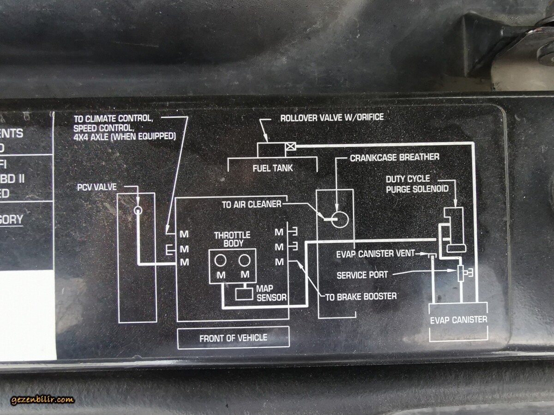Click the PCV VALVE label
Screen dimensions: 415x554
coord(97,187)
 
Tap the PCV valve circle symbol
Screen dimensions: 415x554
coord(138,210)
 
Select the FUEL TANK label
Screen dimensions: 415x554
coord(272,168)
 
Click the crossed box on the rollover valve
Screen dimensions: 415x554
coord(291,147)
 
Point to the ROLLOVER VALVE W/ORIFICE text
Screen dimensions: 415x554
coord(331,118)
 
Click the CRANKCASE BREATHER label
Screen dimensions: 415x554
coord(394,158)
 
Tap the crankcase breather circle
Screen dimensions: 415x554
coord(341,219)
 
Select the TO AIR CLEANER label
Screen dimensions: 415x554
coord(251,204)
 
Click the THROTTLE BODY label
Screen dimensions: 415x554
coord(232,239)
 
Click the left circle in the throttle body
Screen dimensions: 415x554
coord(221,261)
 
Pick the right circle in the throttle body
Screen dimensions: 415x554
coord(244,261)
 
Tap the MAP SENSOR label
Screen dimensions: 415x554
coord(271,293)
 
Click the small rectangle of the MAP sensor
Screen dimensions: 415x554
coord(244,293)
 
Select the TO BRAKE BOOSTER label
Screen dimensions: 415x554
coord(361,296)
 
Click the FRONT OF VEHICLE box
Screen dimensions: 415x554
coord(233,338)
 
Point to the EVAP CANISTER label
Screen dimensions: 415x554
coord(458,320)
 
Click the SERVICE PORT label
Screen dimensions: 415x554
coord(362,275)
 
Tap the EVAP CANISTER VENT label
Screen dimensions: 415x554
coord(375,254)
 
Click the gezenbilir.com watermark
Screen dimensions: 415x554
coord(42,399)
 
